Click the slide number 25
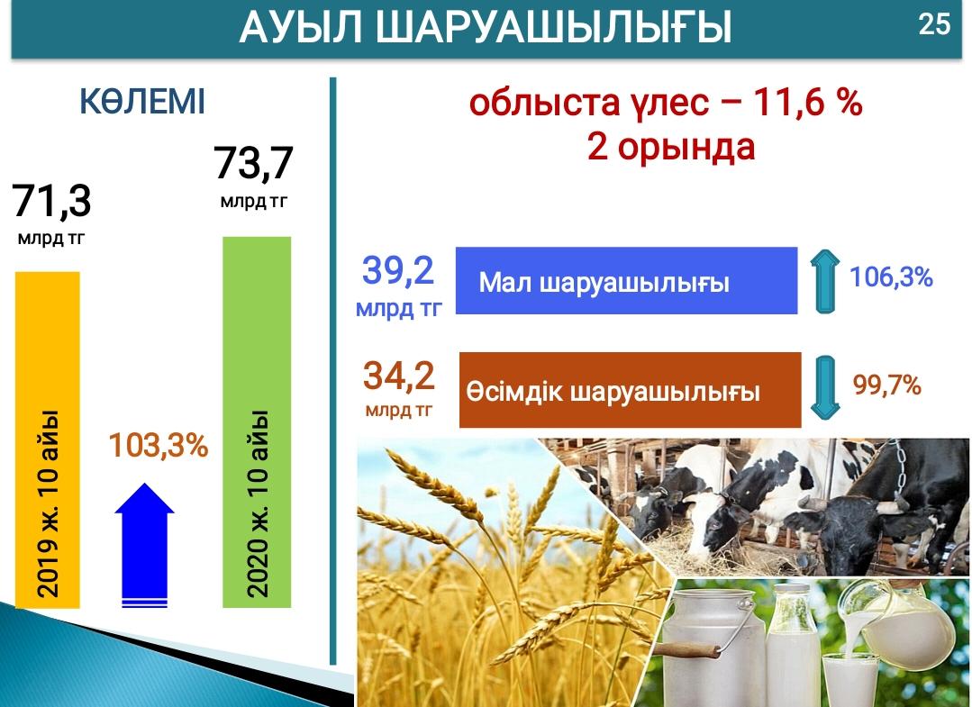[934, 25]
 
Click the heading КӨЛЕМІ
[142, 103]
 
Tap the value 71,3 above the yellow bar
[51, 200]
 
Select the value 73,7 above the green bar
[253, 163]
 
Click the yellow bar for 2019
[48, 440]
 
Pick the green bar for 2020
[257, 422]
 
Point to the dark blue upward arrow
[144, 545]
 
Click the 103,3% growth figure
[159, 445]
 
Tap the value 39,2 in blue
[398, 271]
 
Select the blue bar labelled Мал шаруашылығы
[626, 281]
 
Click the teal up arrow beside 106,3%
[824, 281]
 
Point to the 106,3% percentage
[891, 277]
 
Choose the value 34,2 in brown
[398, 376]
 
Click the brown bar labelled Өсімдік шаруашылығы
[630, 390]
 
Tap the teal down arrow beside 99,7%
[825, 387]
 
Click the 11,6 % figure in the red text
[808, 103]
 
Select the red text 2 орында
[671, 148]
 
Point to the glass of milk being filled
[849, 676]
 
